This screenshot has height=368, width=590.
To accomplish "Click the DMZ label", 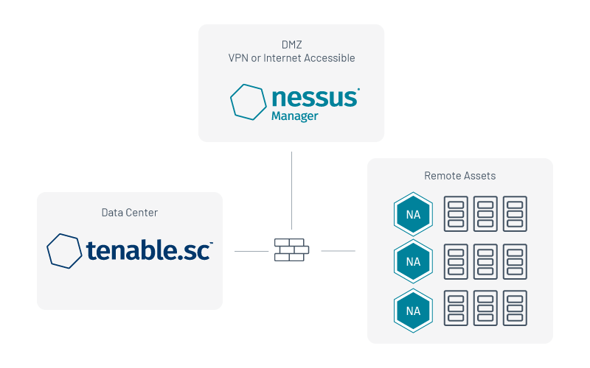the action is click(291, 45).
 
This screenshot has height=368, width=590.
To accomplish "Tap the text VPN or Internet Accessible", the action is click(291, 58).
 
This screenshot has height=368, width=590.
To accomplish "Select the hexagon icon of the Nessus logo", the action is click(249, 102).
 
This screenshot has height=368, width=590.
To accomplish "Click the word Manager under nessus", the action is click(294, 116).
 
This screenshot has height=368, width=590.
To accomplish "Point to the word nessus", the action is click(315, 98).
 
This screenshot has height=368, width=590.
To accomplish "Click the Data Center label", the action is click(130, 213).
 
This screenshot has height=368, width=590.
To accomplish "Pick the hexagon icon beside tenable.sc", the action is click(64, 251).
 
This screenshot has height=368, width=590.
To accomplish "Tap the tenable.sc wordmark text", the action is click(150, 250).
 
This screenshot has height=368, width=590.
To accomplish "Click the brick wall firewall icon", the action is click(291, 250).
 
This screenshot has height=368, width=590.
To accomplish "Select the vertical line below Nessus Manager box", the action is click(291, 191).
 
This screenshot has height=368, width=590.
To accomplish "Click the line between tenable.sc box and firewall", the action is click(251, 251).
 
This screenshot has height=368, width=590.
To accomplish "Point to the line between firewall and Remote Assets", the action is click(338, 251).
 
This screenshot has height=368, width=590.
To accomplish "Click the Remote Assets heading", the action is click(459, 176).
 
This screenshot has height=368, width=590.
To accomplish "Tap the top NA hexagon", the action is click(413, 214).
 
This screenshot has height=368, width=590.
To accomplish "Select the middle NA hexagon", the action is click(413, 261).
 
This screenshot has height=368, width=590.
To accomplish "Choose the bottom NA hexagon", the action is click(413, 311).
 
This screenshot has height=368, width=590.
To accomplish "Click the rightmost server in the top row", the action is click(515, 213).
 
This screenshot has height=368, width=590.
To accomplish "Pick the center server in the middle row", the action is click(485, 261).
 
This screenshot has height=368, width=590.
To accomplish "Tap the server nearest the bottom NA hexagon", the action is click(456, 308).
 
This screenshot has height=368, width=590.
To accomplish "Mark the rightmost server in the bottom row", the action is click(515, 308).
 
